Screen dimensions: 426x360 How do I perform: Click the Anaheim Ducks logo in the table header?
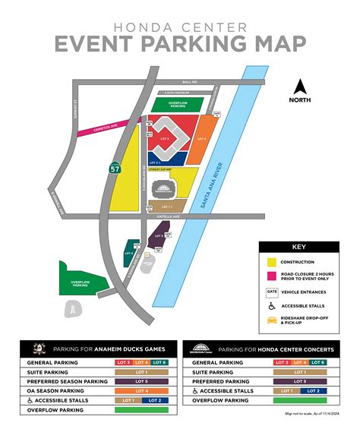41,349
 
